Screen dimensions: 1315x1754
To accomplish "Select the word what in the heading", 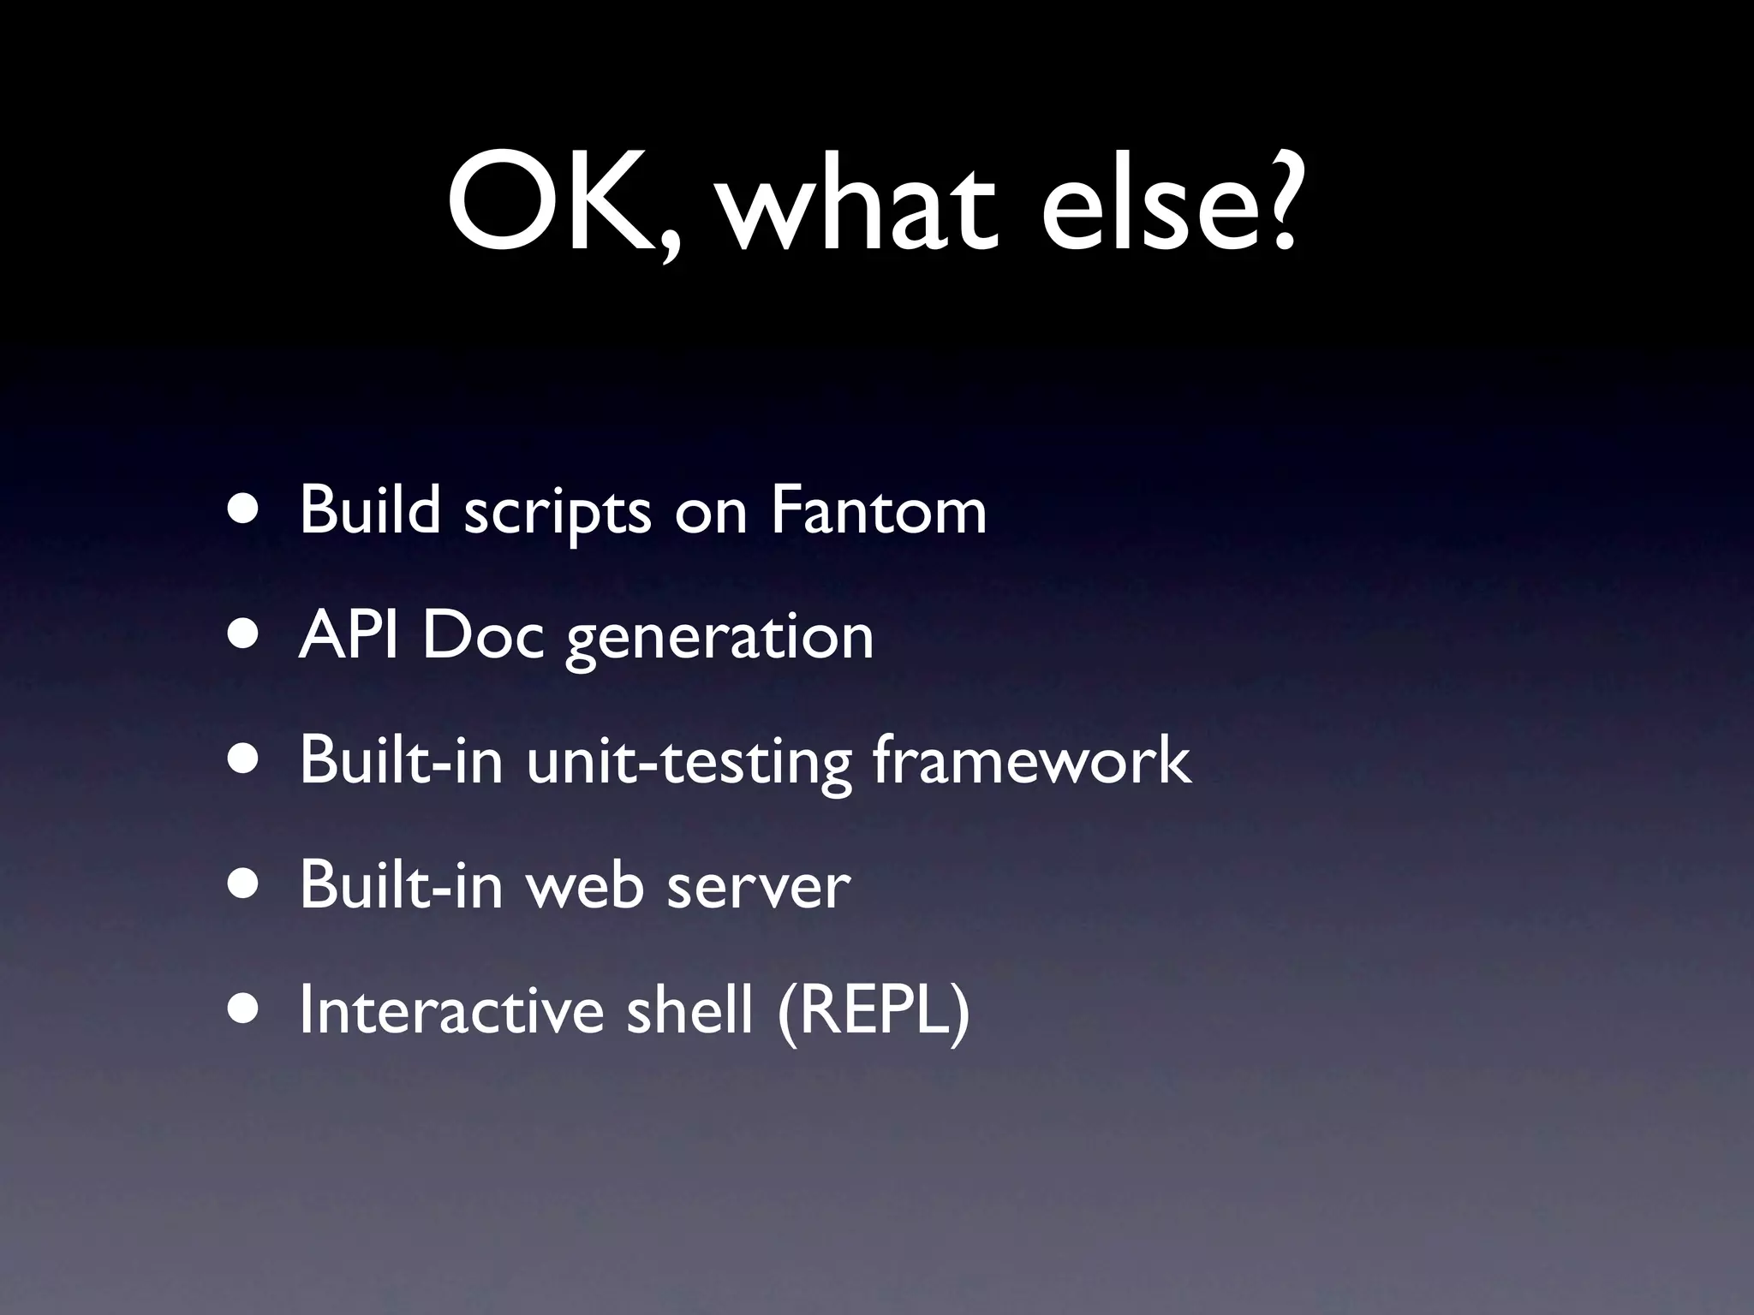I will [x=860, y=204].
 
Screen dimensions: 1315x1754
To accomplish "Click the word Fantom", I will [x=879, y=511].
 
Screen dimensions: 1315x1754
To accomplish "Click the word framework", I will [x=1031, y=760].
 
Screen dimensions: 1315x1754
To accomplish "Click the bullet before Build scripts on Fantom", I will [x=247, y=512].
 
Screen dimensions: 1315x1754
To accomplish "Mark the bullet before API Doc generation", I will [x=247, y=637].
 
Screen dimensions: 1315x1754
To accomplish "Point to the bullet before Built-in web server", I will [x=247, y=887].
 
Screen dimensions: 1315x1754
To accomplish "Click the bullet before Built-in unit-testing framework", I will [x=247, y=762].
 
